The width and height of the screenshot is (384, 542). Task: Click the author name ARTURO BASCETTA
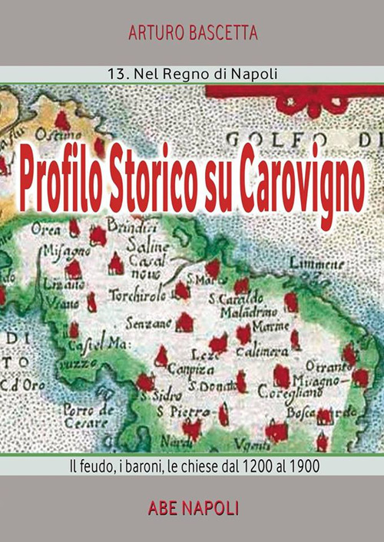click(x=192, y=33)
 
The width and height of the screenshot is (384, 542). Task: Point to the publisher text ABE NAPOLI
click(x=193, y=507)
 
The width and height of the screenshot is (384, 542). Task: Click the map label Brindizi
click(x=129, y=227)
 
